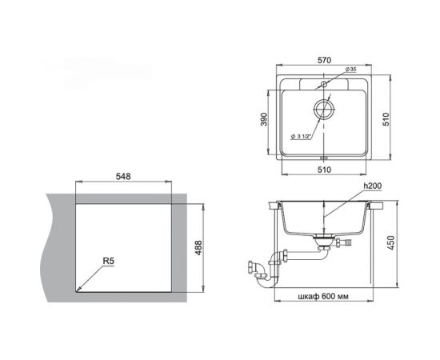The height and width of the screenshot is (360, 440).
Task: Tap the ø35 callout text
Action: [x=350, y=71]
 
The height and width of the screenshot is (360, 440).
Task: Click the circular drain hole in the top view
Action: [x=325, y=110]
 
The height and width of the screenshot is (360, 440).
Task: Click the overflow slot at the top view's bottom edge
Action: [x=325, y=157]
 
